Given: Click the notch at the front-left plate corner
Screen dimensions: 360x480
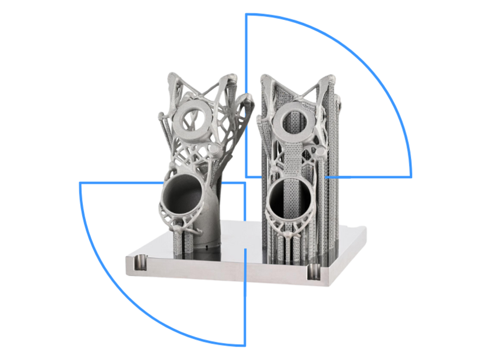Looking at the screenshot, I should (x=139, y=260).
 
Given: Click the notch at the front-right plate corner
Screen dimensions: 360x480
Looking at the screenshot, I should (x=314, y=272).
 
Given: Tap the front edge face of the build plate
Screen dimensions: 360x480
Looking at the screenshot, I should (x=224, y=274).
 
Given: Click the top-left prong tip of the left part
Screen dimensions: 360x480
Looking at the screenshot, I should (x=166, y=77).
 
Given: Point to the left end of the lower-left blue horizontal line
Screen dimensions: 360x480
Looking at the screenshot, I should (x=81, y=183).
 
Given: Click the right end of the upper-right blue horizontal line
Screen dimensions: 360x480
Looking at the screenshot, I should (x=411, y=176).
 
